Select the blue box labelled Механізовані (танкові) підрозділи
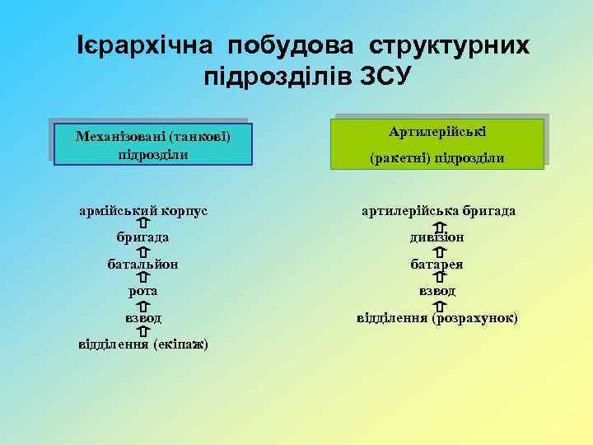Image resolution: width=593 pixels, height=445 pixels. (152, 144)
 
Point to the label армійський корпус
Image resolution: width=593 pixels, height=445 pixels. (143, 210)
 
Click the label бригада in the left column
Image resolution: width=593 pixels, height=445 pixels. (143, 237)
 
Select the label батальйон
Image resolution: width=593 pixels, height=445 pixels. (143, 265)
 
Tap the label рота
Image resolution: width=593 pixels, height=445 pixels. (143, 291)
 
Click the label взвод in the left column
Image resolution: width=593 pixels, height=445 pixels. (143, 317)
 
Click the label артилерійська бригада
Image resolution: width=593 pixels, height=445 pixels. (439, 211)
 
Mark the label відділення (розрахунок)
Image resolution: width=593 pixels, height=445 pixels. (437, 317)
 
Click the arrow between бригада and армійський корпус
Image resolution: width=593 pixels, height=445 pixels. (143, 223)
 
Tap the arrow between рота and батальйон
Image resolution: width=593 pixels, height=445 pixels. (143, 278)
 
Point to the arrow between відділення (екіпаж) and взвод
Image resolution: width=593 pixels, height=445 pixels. (143, 331)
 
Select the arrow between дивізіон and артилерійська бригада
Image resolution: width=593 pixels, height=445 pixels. (438, 225)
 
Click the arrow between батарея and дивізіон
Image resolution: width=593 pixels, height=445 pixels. (438, 251)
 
